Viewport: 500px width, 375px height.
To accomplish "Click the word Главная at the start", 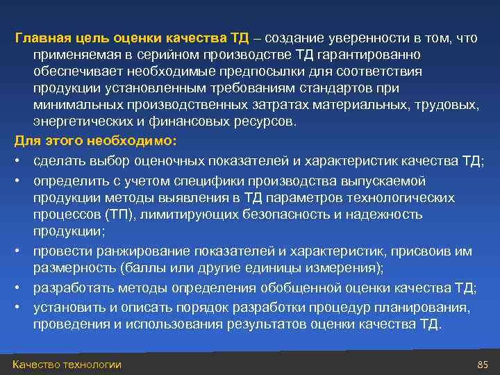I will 40,37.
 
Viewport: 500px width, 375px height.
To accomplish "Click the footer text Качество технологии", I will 67,365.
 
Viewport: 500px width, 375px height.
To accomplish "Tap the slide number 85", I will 483,365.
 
